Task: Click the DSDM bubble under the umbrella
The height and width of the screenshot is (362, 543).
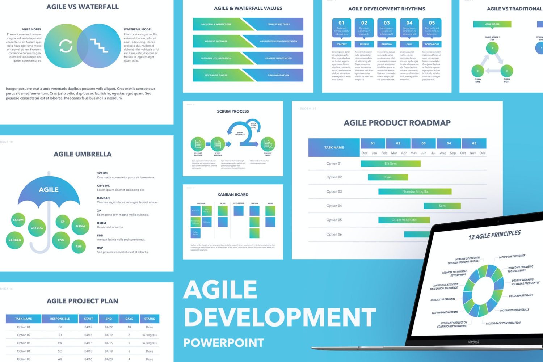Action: tap(80, 226)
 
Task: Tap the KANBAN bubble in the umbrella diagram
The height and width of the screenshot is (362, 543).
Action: tap(15, 240)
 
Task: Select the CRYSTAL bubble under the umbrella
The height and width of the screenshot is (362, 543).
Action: tap(37, 228)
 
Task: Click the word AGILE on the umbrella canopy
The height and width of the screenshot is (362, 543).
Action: tap(49, 190)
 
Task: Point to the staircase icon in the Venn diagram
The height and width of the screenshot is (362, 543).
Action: tap(99, 46)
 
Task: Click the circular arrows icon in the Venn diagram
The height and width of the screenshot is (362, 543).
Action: tap(66, 46)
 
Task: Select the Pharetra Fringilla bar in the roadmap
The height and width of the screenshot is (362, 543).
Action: tap(415, 191)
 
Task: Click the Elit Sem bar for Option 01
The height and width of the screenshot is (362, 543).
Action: tap(391, 164)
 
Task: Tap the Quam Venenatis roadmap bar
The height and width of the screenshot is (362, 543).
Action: tap(404, 220)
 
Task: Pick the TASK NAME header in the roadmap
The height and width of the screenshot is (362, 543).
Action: tap(334, 147)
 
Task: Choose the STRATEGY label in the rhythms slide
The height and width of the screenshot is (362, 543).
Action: tap(341, 44)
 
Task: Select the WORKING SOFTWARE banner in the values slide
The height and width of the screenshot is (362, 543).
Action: tap(216, 41)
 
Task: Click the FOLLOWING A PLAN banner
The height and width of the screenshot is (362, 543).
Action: tap(278, 75)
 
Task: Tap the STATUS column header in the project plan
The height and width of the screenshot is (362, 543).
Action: tap(150, 319)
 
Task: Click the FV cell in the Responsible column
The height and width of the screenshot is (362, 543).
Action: tap(60, 327)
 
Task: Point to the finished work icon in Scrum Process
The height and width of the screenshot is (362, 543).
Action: tap(268, 144)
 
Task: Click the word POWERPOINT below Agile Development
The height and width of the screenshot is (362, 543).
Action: tap(224, 343)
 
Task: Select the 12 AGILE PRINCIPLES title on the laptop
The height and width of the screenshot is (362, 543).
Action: tap(494, 235)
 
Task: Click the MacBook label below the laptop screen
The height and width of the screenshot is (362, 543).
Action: tap(473, 342)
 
